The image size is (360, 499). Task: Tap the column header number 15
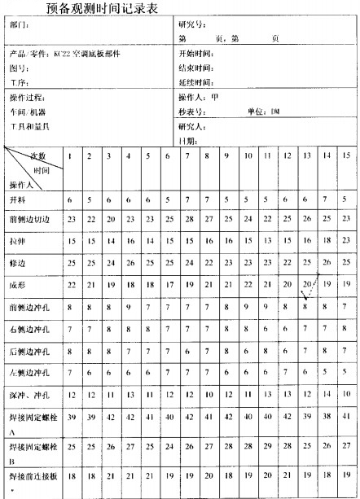tap(345, 155)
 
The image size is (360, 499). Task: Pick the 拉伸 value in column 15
tap(345, 241)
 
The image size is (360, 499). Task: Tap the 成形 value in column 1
tap(72, 283)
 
